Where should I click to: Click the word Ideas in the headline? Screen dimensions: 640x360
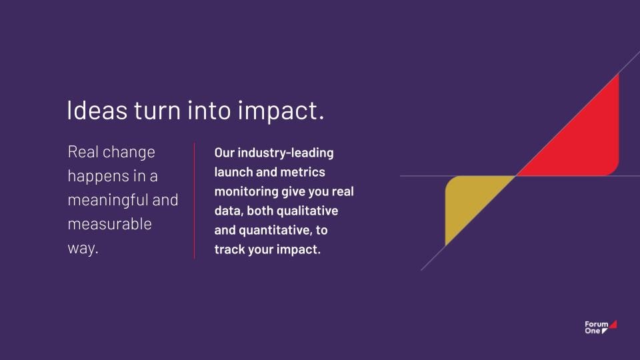pos(97,110)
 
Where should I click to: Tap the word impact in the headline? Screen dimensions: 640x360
pos(281,111)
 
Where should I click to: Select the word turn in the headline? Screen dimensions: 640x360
pos(157,111)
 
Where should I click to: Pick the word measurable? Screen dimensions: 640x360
pos(110,224)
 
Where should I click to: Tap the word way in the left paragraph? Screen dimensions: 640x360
pos(83,249)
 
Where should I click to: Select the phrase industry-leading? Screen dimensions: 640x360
pos(285,153)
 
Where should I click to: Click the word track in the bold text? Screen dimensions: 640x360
pos(229,249)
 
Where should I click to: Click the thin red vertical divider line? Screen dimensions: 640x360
pos(194,201)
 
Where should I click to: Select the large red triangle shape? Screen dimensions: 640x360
pos(584,143)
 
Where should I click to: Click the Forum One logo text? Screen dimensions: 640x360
pos(596,327)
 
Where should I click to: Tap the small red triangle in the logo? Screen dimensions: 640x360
pos(614,325)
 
